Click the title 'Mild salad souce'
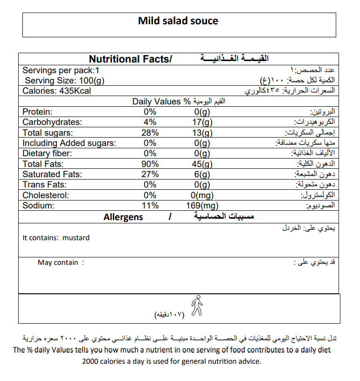point(178,21)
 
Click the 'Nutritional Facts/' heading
point(130,59)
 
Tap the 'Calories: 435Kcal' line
point(57,91)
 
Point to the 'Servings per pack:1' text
point(61,70)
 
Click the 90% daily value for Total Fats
point(150,164)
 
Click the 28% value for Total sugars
point(150,133)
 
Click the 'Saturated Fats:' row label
point(52,174)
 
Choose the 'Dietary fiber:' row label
point(47,153)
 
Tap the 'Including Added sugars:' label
point(69,143)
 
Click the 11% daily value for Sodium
point(150,206)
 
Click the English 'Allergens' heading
point(124,217)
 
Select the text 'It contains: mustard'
point(56,238)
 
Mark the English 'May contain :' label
point(61,263)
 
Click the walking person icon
point(197,305)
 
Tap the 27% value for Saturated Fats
point(150,174)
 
